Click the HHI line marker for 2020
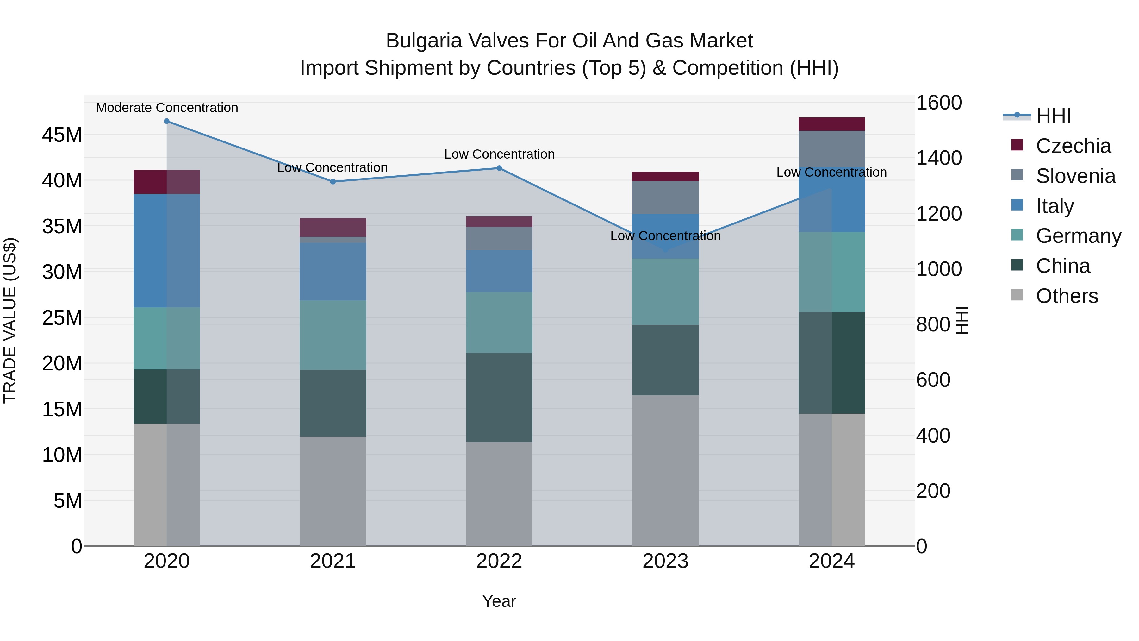(167, 121)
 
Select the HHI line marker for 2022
(499, 168)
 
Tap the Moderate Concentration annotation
(167, 108)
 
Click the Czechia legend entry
(1073, 146)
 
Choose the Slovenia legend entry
(1075, 176)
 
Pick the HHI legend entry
(1053, 116)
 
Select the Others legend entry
(1067, 296)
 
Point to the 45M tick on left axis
(62, 135)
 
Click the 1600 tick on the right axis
(939, 103)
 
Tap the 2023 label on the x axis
(665, 561)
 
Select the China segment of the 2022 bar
(499, 397)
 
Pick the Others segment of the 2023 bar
(665, 470)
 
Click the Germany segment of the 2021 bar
(333, 335)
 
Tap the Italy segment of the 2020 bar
(167, 250)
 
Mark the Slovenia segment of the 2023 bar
(665, 197)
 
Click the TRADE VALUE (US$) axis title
(10, 320)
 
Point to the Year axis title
(499, 601)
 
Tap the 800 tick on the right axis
(933, 325)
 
